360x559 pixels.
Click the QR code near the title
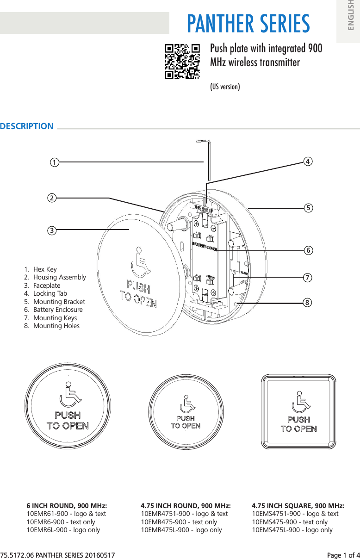(182, 62)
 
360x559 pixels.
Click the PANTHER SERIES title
(248, 24)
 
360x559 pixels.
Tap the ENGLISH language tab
(350, 19)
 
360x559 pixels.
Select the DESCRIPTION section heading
(27, 126)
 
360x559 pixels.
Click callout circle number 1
(55, 162)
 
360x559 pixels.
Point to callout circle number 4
(307, 161)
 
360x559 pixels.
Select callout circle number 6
(307, 250)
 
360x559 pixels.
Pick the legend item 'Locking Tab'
(50, 293)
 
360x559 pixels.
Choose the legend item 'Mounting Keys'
(55, 318)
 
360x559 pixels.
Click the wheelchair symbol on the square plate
(299, 402)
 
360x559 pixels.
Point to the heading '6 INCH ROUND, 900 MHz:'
(67, 505)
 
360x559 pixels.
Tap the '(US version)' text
(225, 87)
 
